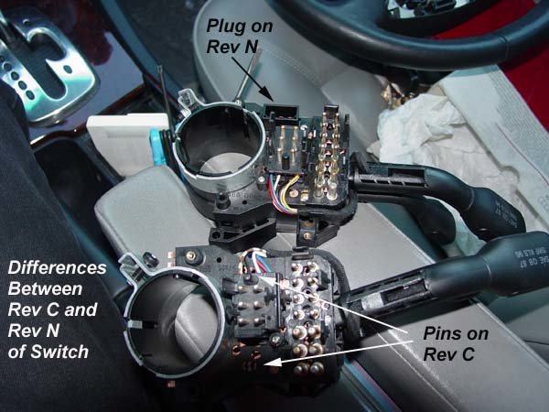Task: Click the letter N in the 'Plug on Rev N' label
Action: tap(251, 47)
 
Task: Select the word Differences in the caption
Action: tap(57, 268)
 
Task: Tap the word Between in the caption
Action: tap(45, 289)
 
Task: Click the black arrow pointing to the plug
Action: tap(253, 79)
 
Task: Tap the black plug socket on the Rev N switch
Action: tap(281, 114)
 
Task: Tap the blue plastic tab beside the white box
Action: tap(157, 147)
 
